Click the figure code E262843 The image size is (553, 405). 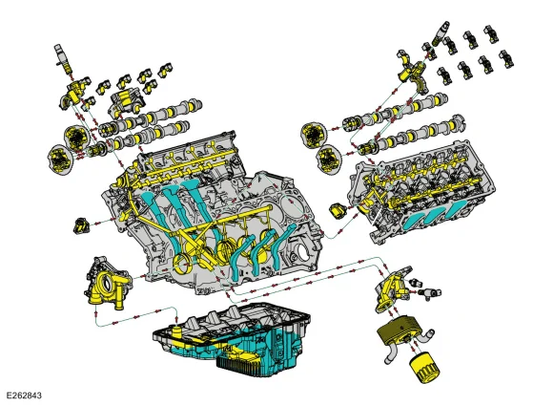[24, 395]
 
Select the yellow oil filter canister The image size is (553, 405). [424, 370]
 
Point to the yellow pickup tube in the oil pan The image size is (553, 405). [176, 332]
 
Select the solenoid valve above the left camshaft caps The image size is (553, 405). [63, 57]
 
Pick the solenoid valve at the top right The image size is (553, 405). [440, 32]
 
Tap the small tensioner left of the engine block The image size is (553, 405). [81, 226]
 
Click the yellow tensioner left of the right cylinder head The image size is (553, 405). [338, 211]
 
